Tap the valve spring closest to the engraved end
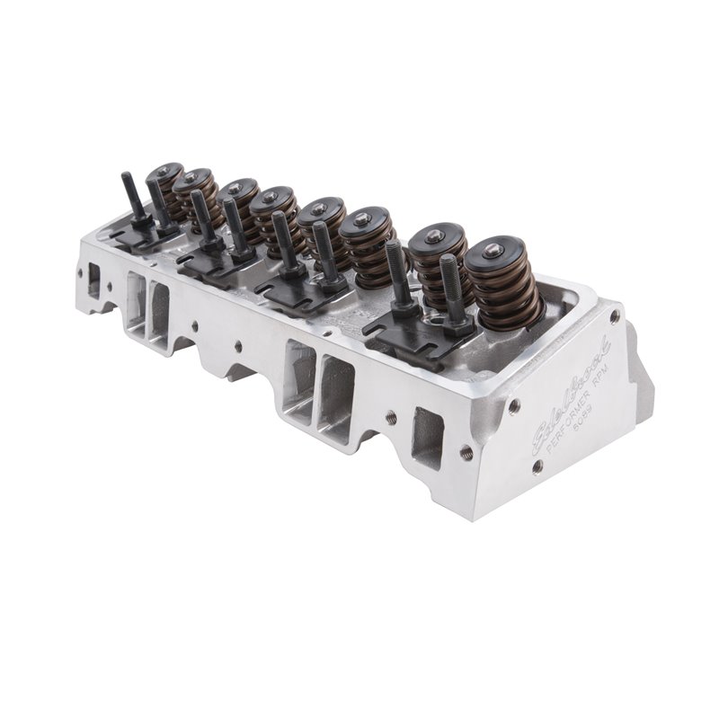503,283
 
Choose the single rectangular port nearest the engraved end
429,434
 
